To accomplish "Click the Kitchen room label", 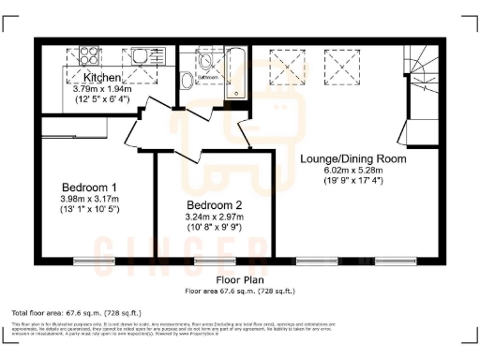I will pos(102,77).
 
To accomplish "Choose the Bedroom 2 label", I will pos(214,205).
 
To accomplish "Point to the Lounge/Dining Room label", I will pos(352,159).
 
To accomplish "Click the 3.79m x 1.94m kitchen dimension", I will pos(102,88).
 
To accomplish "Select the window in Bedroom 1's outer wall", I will pos(87,261).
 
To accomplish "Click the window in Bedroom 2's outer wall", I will pos(208,261).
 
